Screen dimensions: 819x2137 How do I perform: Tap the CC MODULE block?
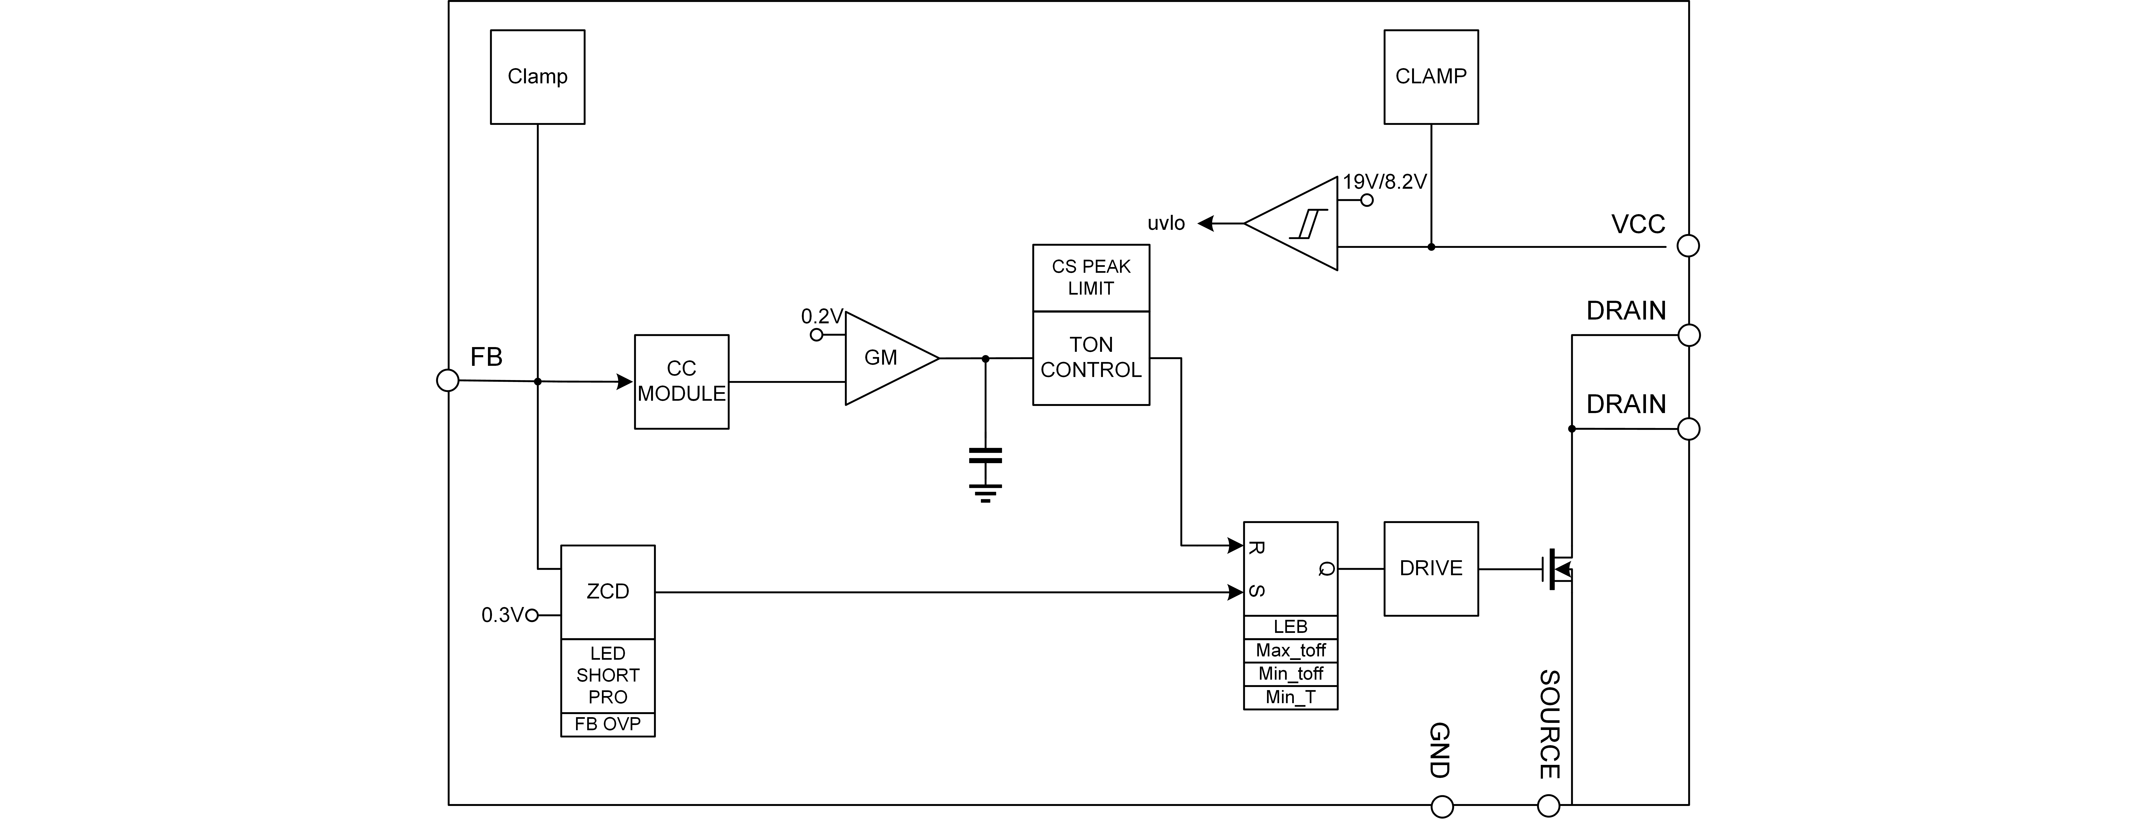(681, 382)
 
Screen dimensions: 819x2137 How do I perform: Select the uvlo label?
(1166, 223)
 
